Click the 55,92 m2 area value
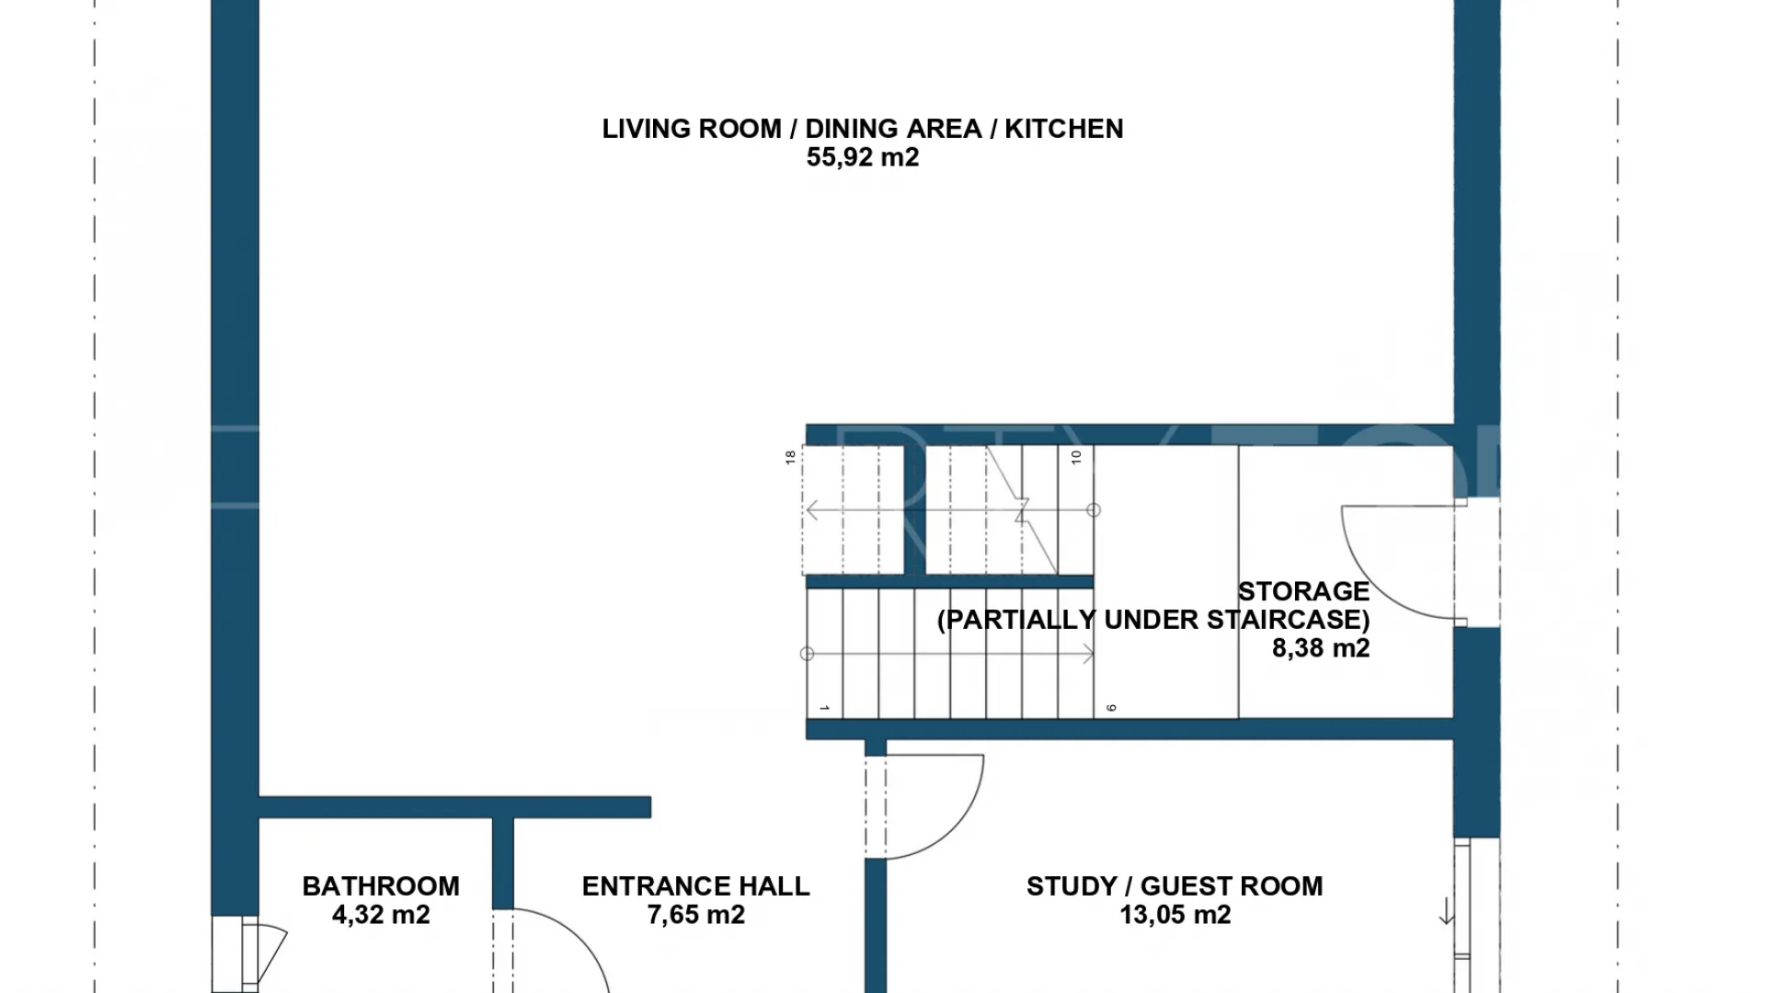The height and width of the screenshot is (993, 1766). (x=863, y=157)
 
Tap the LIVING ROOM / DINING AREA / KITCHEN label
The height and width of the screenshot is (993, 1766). (x=863, y=129)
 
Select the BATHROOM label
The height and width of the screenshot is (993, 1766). (x=381, y=886)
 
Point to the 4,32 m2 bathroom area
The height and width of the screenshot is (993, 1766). (x=381, y=915)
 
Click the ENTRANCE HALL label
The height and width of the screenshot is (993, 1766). (x=696, y=886)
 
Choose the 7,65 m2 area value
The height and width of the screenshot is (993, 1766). (x=696, y=915)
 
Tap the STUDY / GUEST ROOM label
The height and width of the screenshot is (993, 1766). (x=1175, y=886)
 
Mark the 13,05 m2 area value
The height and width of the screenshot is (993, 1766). (x=1175, y=915)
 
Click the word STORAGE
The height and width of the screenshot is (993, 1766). (x=1303, y=591)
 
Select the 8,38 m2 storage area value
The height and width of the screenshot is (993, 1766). (x=1321, y=648)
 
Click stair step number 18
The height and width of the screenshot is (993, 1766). (x=790, y=457)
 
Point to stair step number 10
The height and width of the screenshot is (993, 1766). (x=1076, y=457)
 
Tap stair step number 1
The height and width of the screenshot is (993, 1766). (x=824, y=708)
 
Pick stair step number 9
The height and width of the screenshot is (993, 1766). (x=1111, y=708)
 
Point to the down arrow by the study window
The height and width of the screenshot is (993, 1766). (x=1447, y=912)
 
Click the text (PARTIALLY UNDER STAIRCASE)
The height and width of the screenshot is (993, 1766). (x=1153, y=620)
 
